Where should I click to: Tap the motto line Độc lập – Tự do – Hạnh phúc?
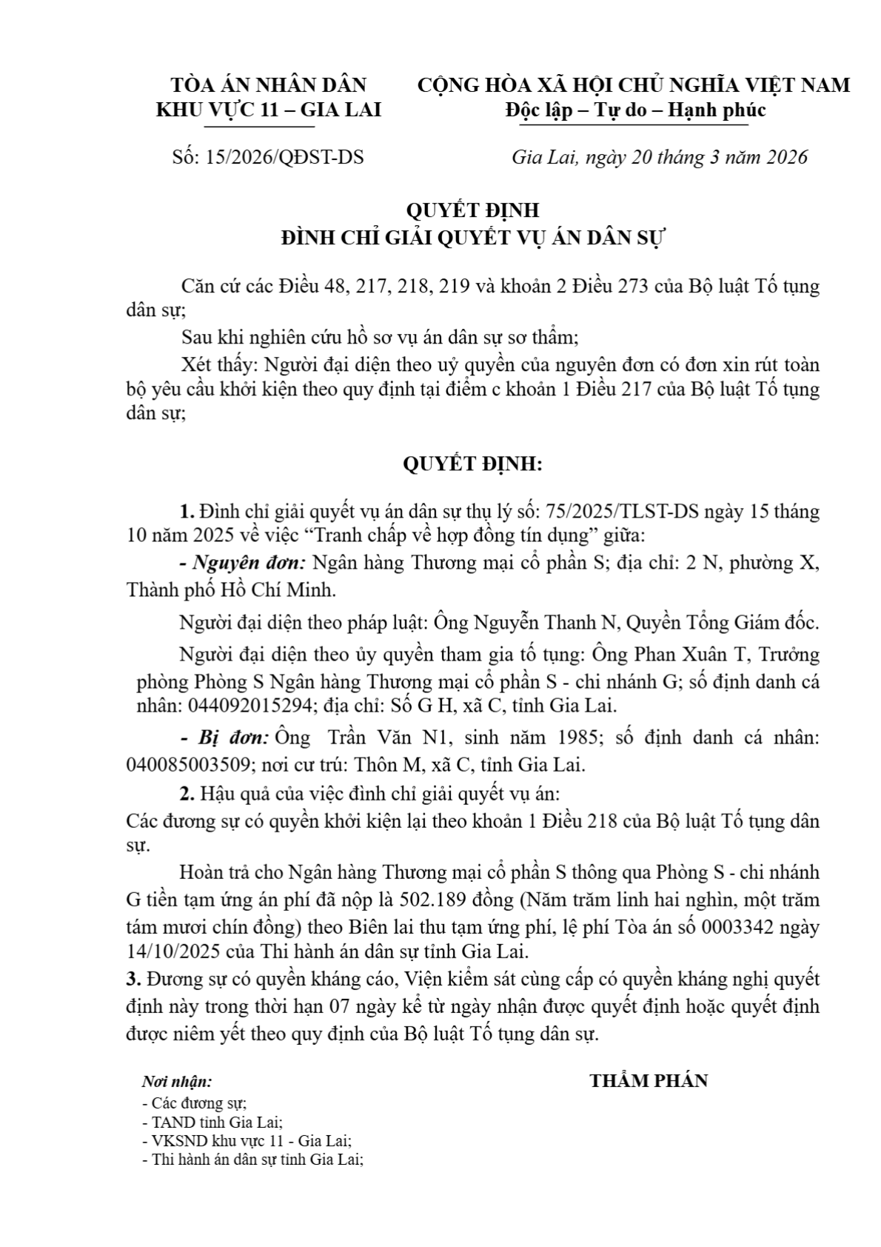(x=634, y=110)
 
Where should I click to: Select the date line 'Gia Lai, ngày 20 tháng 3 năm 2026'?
(x=659, y=158)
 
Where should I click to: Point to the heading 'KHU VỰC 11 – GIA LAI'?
(x=268, y=110)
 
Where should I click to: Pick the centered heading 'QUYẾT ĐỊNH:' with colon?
(x=472, y=464)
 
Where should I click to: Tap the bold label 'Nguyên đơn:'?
(x=243, y=563)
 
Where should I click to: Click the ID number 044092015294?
(x=250, y=706)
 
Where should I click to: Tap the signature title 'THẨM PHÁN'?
(x=649, y=1081)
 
